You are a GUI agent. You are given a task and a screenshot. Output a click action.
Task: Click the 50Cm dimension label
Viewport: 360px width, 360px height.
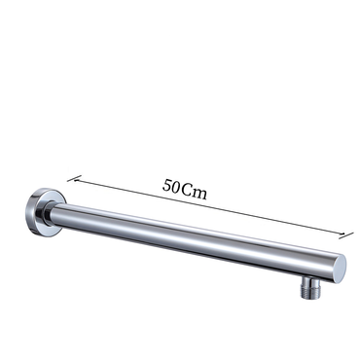point(185,189)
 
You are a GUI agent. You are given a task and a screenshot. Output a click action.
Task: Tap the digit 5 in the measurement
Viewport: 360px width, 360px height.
point(166,185)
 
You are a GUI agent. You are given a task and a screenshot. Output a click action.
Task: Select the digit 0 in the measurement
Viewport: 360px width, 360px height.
point(175,188)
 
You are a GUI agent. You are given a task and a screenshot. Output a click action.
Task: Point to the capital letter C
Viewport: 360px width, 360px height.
point(187,190)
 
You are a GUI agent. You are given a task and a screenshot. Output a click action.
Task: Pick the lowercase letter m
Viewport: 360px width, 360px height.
point(199,194)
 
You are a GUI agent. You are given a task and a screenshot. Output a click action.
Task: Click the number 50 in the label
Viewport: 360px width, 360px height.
point(171,186)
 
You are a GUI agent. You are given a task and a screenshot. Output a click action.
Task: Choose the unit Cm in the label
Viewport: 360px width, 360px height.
point(195,192)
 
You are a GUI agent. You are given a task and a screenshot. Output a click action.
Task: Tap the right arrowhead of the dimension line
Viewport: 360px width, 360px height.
point(343,234)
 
